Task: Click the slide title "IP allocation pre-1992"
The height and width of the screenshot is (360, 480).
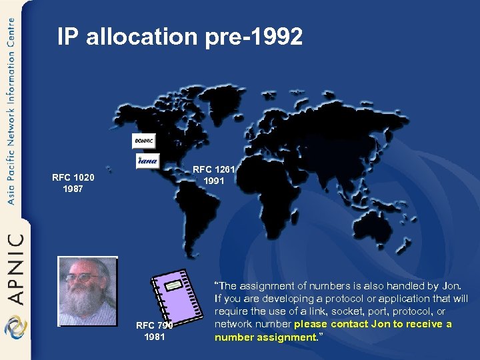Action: click(x=180, y=37)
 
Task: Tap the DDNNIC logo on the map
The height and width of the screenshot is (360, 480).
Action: click(x=143, y=141)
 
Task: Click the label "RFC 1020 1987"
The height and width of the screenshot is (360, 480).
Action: click(x=73, y=183)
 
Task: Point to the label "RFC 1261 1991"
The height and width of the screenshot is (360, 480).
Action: click(x=214, y=175)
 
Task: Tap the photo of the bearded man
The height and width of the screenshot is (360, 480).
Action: click(x=87, y=291)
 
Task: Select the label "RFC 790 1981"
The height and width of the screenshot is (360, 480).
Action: click(x=154, y=331)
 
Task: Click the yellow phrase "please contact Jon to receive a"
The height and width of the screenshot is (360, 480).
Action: click(x=373, y=324)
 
